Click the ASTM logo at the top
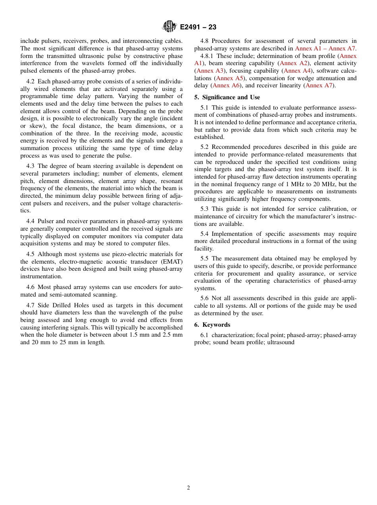click(169, 27)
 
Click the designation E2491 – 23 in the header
click(198, 27)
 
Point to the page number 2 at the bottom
click(188, 488)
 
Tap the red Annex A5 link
click(229, 78)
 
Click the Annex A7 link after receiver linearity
click(319, 85)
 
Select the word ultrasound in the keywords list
click(281, 342)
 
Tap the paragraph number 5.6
click(204, 298)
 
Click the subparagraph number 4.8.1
click(207, 56)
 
